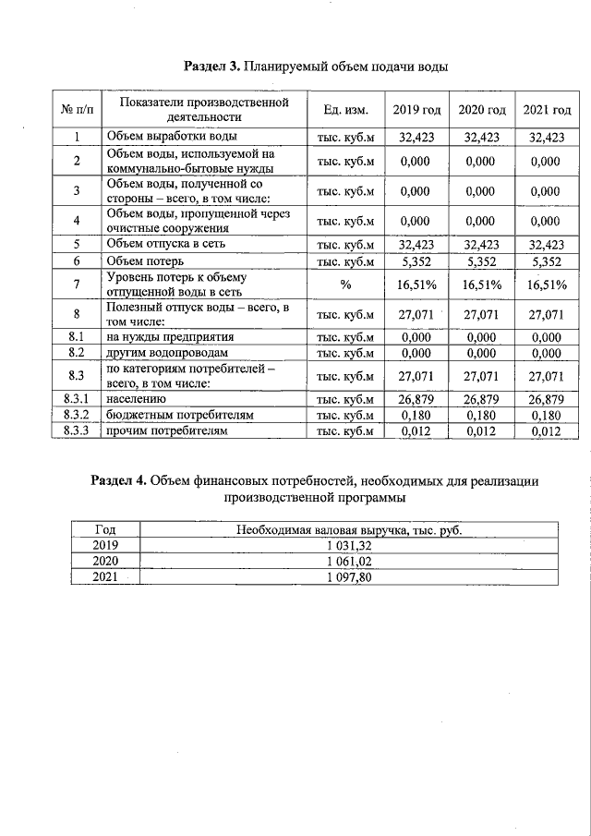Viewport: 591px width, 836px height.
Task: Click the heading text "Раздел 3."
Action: pos(212,67)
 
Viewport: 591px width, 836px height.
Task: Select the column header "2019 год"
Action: pos(416,111)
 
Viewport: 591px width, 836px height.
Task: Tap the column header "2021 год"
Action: pos(547,111)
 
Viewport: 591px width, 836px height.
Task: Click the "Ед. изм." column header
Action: pos(346,111)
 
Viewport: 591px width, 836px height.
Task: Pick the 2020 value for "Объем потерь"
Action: pos(482,261)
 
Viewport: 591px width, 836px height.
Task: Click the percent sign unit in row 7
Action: pos(346,285)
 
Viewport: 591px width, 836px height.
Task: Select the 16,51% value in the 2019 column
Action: pos(416,285)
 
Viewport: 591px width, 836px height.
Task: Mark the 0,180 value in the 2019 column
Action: pos(416,415)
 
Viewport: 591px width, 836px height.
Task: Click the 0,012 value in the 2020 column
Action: pos(482,430)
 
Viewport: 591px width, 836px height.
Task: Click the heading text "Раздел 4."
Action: pos(119,480)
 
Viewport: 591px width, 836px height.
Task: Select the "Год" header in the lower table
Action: pos(106,529)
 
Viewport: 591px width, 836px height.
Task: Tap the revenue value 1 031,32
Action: pos(348,545)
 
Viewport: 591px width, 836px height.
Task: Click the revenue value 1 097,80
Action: pos(348,576)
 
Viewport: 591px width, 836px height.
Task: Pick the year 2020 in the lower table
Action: pos(106,561)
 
